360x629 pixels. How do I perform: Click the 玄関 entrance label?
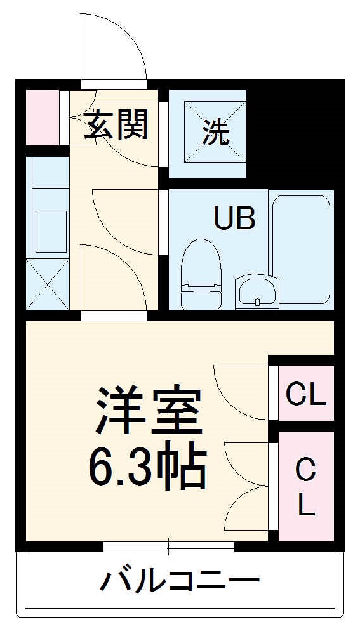coord(117,124)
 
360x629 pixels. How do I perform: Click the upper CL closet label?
coord(305,395)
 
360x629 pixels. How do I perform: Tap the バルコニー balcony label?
coord(180,579)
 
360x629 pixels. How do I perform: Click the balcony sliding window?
coord(169,545)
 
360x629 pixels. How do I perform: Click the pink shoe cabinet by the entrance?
coord(42,118)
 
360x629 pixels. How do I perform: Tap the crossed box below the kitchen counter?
coord(48,284)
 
